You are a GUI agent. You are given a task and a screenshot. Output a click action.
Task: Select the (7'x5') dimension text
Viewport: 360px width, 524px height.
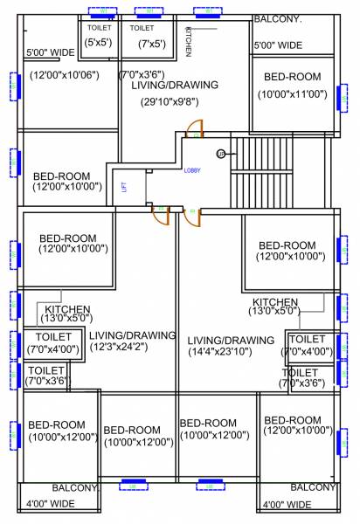[x=142, y=42]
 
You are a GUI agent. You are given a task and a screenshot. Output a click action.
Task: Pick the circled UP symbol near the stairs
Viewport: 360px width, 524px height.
[x=221, y=154]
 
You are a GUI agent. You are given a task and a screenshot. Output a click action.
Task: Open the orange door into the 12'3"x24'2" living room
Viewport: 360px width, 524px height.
[x=160, y=215]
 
